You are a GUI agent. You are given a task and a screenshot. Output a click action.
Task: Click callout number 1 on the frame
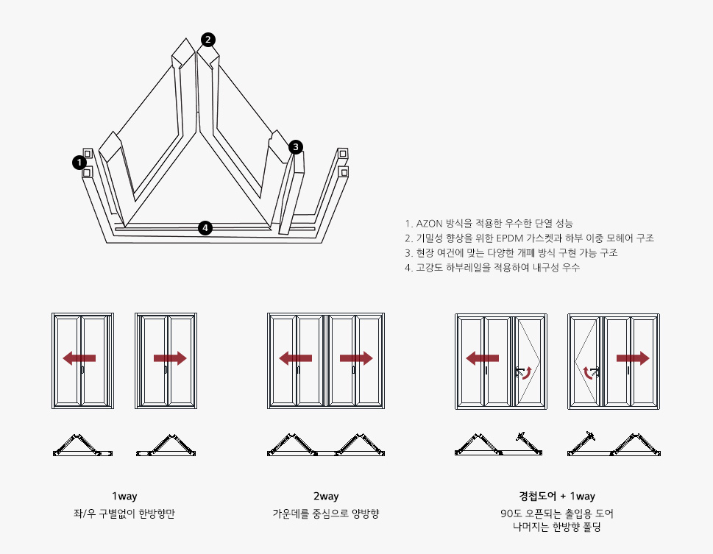[79, 163]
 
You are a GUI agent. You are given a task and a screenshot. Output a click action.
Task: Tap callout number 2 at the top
[209, 39]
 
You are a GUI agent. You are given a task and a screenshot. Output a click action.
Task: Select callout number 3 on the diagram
[295, 147]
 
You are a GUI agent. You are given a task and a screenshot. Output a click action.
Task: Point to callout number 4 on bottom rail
[206, 228]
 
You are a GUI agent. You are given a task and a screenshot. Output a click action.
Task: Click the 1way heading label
[124, 497]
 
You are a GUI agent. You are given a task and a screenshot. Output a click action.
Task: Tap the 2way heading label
[326, 497]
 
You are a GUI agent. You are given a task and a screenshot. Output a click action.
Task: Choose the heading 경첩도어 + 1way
[557, 497]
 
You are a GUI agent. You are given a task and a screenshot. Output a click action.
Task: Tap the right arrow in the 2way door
[356, 358]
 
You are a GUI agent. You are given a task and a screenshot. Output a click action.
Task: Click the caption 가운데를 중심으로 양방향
[326, 514]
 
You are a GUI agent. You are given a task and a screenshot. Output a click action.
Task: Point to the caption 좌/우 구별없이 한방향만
[124, 514]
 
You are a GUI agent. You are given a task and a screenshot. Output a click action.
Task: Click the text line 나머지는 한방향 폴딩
[557, 526]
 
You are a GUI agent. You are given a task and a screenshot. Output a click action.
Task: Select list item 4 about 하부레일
[492, 268]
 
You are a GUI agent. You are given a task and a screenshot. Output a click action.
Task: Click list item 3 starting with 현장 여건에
[511, 253]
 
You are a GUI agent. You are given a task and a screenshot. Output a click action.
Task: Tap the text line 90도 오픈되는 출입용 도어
[557, 514]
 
